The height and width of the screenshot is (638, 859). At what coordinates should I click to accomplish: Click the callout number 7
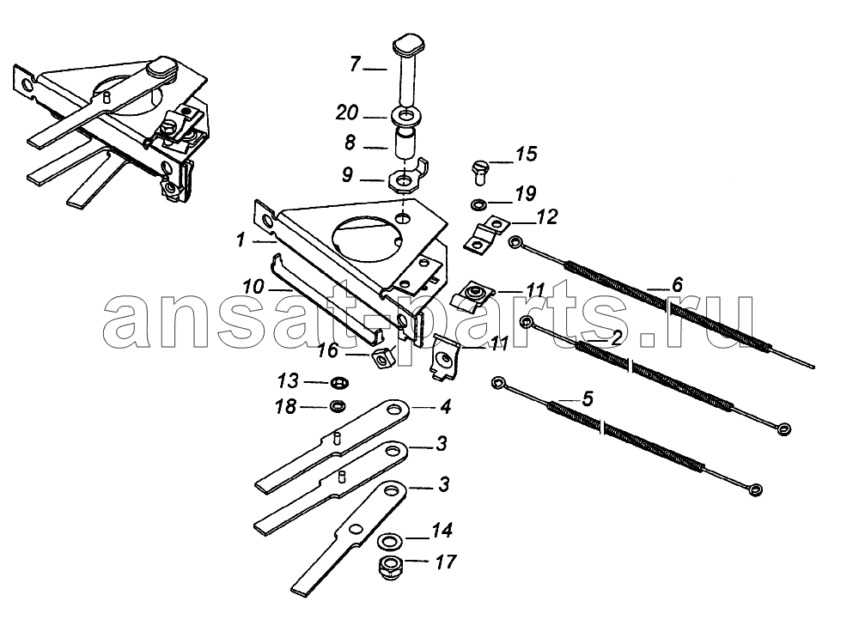coord(356,65)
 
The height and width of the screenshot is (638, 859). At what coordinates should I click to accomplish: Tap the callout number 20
coord(347,112)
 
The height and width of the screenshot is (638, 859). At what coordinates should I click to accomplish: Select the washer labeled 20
coord(405,117)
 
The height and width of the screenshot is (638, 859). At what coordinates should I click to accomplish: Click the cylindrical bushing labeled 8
coord(405,143)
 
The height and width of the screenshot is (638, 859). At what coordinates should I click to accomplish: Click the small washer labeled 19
coord(478,204)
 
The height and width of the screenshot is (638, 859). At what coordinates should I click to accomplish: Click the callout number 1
coord(241,240)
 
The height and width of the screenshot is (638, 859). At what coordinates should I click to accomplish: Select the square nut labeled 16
coord(383,358)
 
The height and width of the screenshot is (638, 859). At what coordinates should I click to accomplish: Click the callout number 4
coord(445,407)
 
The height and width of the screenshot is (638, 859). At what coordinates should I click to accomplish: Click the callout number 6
coord(677,285)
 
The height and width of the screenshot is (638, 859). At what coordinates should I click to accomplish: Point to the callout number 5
coord(588,398)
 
